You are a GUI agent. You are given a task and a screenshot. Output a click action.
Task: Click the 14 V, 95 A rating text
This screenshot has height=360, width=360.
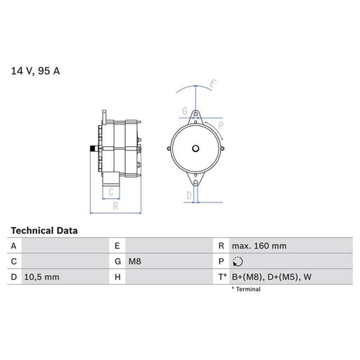pyautogui.click(x=35, y=71)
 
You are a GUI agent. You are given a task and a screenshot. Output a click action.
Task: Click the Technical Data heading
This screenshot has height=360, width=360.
pyautogui.click(x=44, y=231)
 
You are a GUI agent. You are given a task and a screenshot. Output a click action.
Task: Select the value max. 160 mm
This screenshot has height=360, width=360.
pyautogui.click(x=259, y=246)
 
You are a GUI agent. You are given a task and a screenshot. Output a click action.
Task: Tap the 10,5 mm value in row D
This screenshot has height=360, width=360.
pyautogui.click(x=41, y=277)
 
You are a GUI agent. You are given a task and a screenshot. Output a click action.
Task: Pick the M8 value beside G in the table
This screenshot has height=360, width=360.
pyautogui.click(x=134, y=262)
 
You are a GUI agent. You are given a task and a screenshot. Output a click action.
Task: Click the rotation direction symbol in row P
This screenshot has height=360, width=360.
pyautogui.click(x=238, y=262)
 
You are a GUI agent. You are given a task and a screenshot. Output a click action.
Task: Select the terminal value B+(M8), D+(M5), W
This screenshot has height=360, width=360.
pyautogui.click(x=271, y=277)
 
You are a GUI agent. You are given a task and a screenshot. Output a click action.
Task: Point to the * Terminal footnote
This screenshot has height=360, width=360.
pyautogui.click(x=246, y=289)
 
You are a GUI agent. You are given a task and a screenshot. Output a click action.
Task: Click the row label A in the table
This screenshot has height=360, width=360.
pyautogui.click(x=13, y=246)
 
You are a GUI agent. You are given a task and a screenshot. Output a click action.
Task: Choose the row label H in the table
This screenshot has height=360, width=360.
pyautogui.click(x=117, y=277)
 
